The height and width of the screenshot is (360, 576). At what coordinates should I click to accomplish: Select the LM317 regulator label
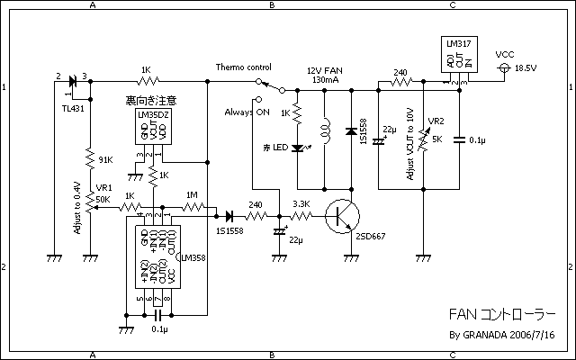(460, 44)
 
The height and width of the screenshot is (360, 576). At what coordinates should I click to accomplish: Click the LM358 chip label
(192, 256)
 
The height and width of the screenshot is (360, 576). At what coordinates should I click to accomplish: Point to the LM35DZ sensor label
(154, 114)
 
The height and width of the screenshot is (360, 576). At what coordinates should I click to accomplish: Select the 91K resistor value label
(105, 160)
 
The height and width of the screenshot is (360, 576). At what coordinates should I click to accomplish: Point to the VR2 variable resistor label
(436, 122)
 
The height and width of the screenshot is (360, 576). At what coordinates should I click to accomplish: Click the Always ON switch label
(249, 112)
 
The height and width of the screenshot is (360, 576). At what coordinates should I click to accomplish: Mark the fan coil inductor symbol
(325, 133)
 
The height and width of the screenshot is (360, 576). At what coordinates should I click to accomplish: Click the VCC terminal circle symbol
(504, 68)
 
